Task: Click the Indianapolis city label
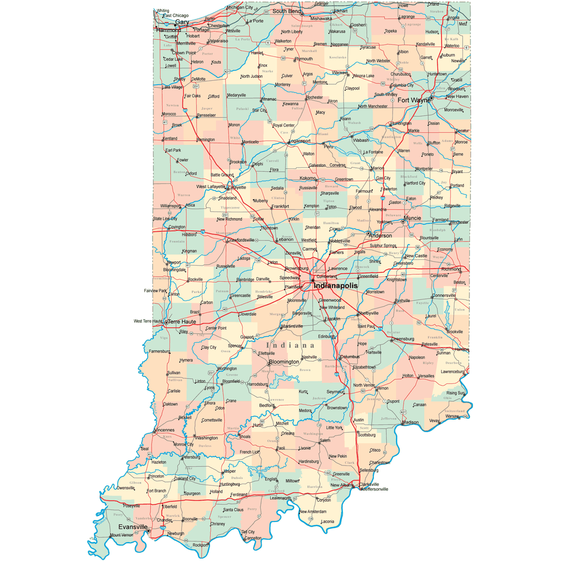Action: pyautogui.click(x=335, y=285)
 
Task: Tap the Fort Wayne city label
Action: pyautogui.click(x=413, y=100)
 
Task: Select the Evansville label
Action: pyautogui.click(x=132, y=526)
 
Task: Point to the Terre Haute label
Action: pyautogui.click(x=181, y=322)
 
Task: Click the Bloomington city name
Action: pyautogui.click(x=284, y=362)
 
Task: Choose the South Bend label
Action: pyautogui.click(x=286, y=11)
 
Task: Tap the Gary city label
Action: pyautogui.click(x=182, y=22)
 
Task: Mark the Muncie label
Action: pyautogui.click(x=412, y=218)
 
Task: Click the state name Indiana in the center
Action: pyautogui.click(x=291, y=346)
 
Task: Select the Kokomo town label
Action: pyautogui.click(x=307, y=178)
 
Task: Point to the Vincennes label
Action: pyautogui.click(x=164, y=429)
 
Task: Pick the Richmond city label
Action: pyautogui.click(x=451, y=268)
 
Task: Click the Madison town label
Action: pyautogui.click(x=410, y=422)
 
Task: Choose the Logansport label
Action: pyautogui.click(x=299, y=141)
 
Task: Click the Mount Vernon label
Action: pyautogui.click(x=121, y=535)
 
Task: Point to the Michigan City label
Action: pyautogui.click(x=240, y=7)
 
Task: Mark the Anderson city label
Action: pyautogui.click(x=381, y=235)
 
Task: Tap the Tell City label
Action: pyautogui.click(x=247, y=532)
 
